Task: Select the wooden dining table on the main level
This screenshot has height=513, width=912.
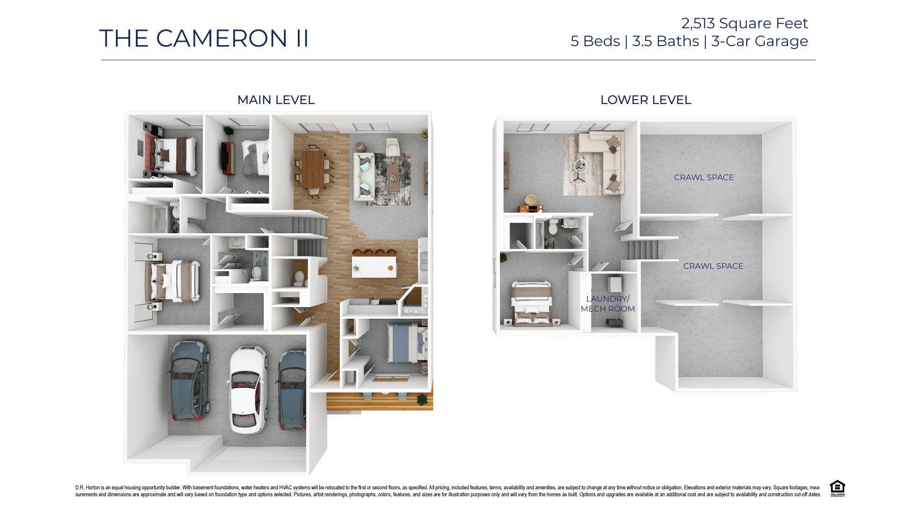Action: [x=313, y=170]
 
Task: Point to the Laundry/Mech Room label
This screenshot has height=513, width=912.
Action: [x=608, y=304]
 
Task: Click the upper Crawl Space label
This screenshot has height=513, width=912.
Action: [x=703, y=177]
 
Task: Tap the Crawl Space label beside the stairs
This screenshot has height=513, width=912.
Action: [x=712, y=266]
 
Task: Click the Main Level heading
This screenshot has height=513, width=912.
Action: [x=275, y=100]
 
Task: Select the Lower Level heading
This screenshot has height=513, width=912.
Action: [x=646, y=100]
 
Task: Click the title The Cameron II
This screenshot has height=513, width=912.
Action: [x=204, y=38]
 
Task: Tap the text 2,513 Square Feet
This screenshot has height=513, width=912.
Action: [x=744, y=23]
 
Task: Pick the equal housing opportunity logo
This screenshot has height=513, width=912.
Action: [x=837, y=488]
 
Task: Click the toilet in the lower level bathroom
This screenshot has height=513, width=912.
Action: [x=552, y=228]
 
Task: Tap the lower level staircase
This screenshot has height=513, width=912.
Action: [x=641, y=249]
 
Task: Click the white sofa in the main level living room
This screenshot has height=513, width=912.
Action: [x=364, y=175]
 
